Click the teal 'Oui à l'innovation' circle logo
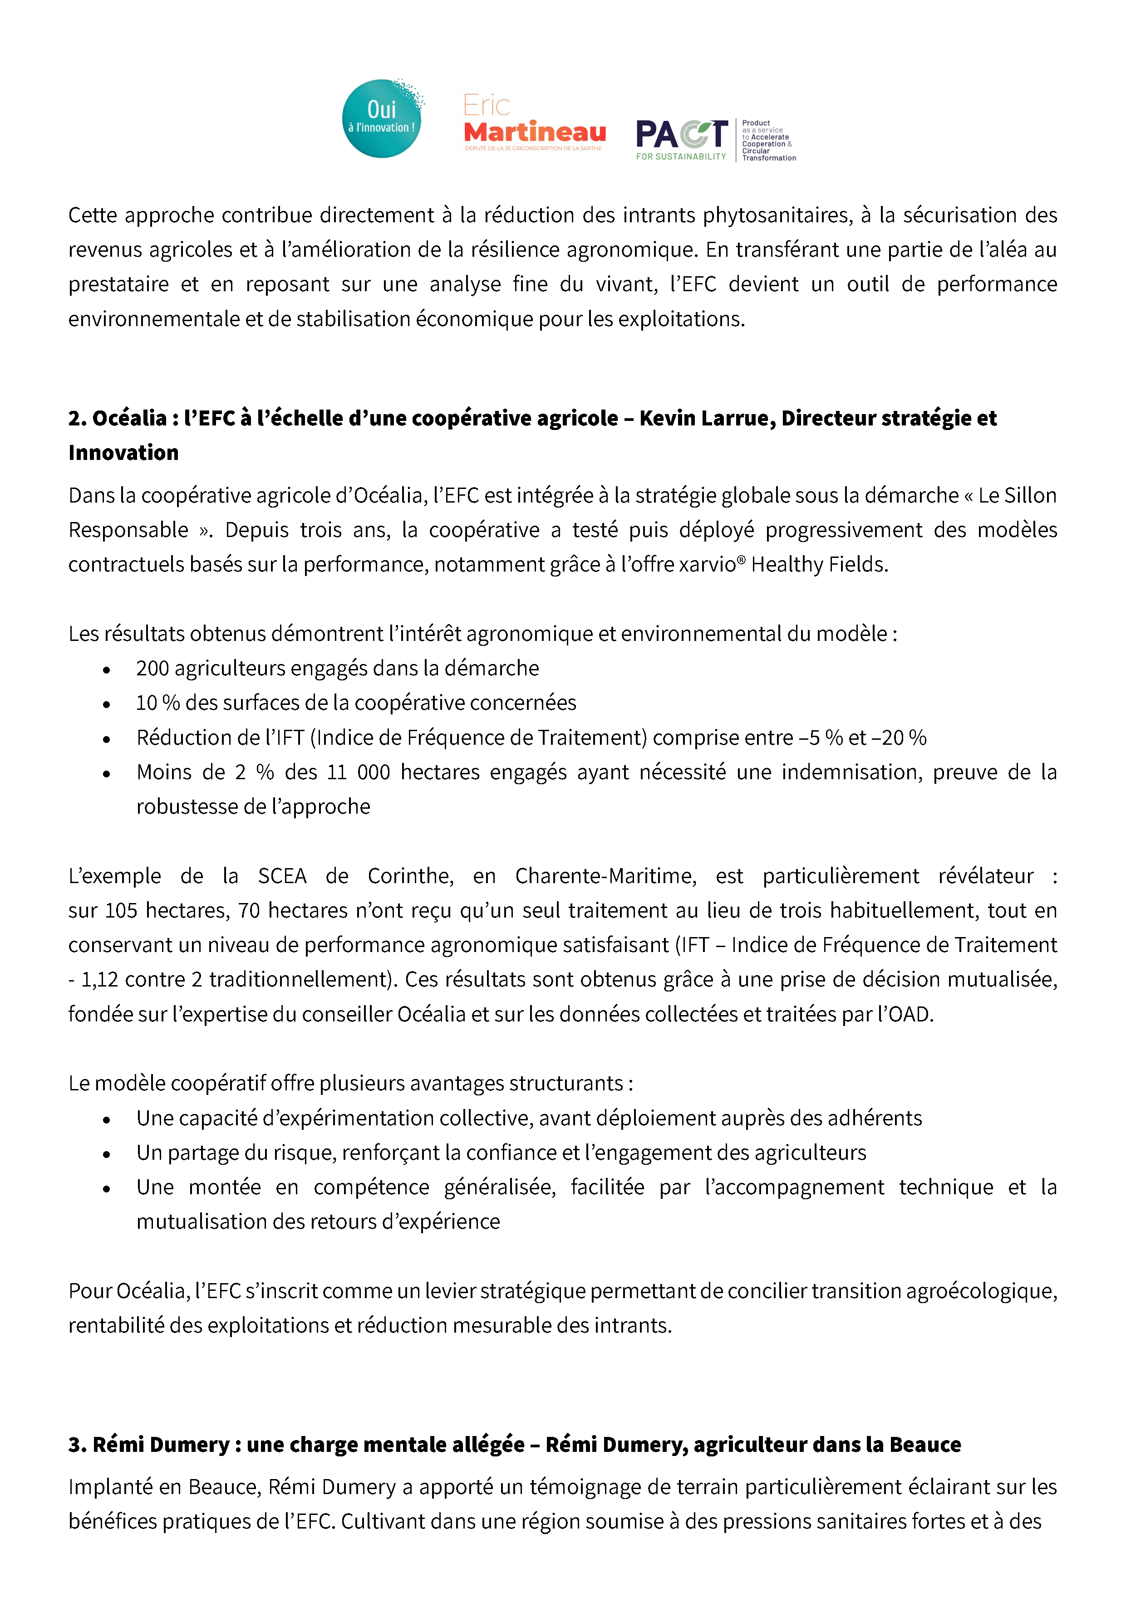tap(381, 119)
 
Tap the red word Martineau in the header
tap(535, 132)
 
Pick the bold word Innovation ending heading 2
tap(123, 453)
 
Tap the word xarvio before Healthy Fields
tap(707, 565)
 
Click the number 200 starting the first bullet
tap(153, 669)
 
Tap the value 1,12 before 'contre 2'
tap(99, 980)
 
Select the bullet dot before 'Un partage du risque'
tap(106, 1154)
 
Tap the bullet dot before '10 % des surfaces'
tap(106, 704)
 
